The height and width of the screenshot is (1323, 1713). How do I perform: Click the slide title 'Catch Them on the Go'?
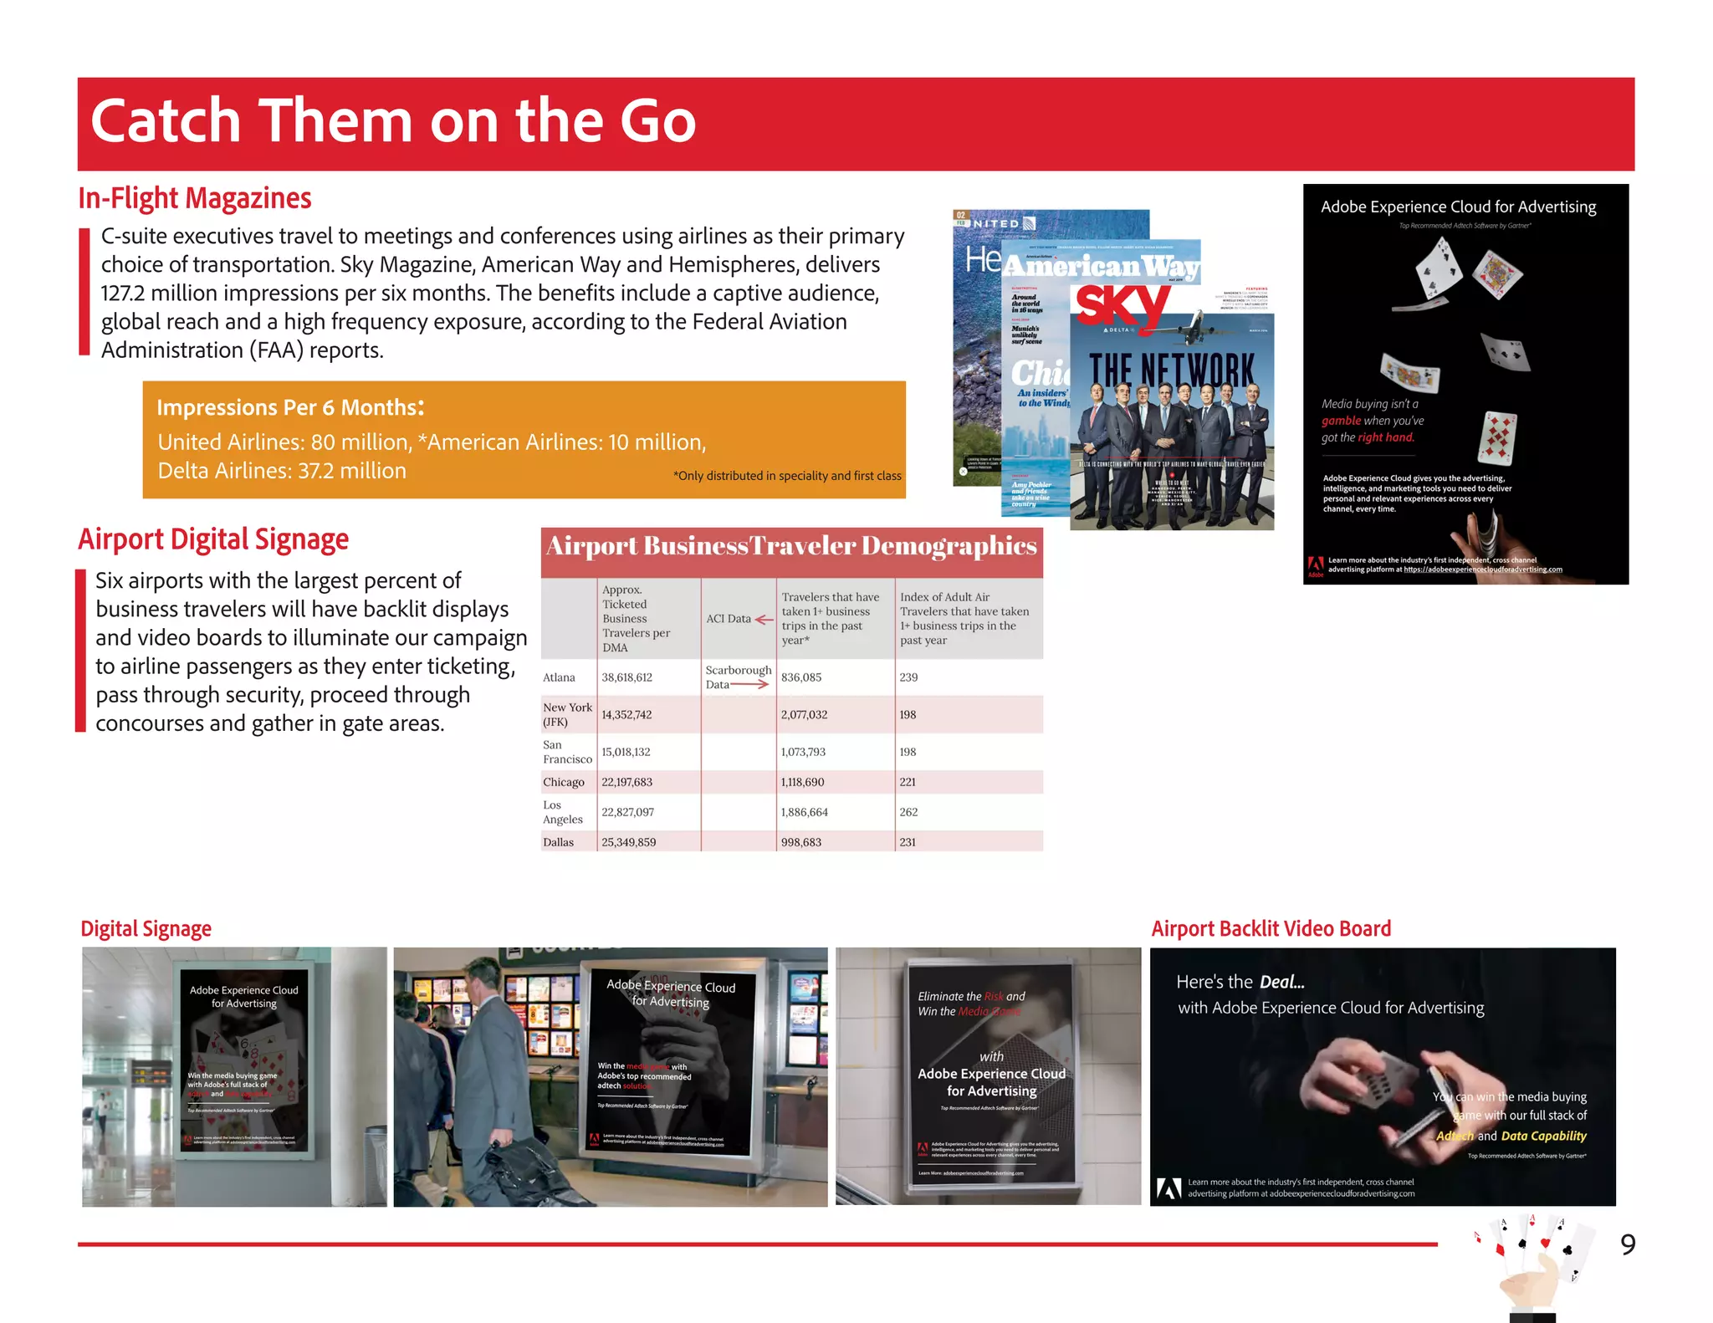click(393, 121)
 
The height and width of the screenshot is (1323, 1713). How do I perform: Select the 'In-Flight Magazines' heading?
click(194, 198)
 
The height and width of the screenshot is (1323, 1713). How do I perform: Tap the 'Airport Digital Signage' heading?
click(213, 539)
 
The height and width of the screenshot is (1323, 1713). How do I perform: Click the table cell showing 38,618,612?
click(626, 677)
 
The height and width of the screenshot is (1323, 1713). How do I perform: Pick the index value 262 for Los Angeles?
click(908, 812)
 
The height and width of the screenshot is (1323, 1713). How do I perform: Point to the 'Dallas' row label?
click(558, 842)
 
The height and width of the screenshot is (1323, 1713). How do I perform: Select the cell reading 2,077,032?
click(804, 715)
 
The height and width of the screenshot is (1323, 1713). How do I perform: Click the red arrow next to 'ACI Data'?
click(764, 620)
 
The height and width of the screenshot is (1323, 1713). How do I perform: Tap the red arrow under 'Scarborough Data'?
click(749, 685)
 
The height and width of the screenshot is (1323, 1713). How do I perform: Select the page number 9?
click(1627, 1244)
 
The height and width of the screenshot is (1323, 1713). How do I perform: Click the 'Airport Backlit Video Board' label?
click(1271, 928)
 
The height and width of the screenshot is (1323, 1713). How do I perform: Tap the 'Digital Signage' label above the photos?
click(146, 929)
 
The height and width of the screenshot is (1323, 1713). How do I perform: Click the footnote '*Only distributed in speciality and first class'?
click(786, 476)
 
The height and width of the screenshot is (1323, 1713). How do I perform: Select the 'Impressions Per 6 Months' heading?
click(289, 407)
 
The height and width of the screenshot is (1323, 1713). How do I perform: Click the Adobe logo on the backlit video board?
click(1168, 1188)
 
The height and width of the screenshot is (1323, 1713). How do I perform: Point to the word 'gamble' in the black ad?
click(1341, 421)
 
